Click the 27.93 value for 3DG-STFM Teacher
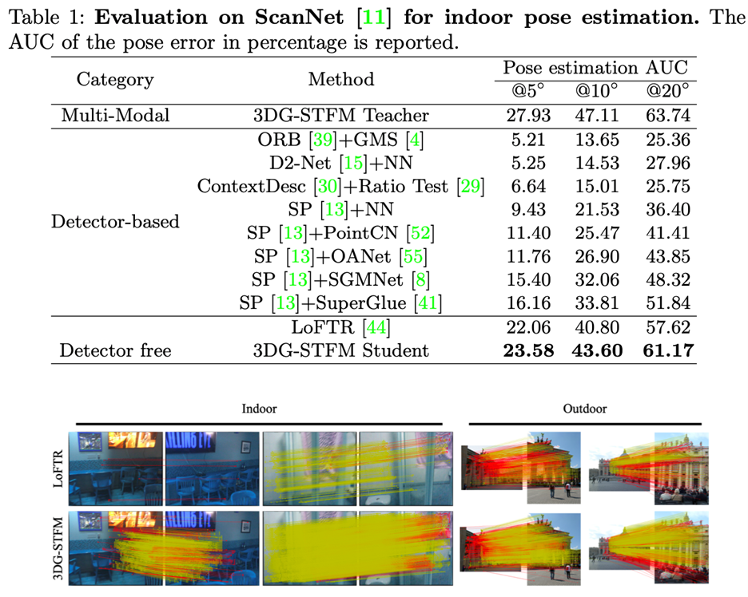528,116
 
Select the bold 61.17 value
667,350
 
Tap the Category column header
115,80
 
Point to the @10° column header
597,93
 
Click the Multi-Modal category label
115,116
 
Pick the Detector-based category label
115,221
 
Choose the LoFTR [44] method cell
341,326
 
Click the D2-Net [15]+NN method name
341,163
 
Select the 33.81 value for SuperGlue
597,303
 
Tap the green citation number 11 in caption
372,18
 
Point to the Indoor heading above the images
259,409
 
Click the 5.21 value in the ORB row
528,140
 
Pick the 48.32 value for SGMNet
667,280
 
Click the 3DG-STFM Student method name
341,350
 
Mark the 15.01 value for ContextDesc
597,186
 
